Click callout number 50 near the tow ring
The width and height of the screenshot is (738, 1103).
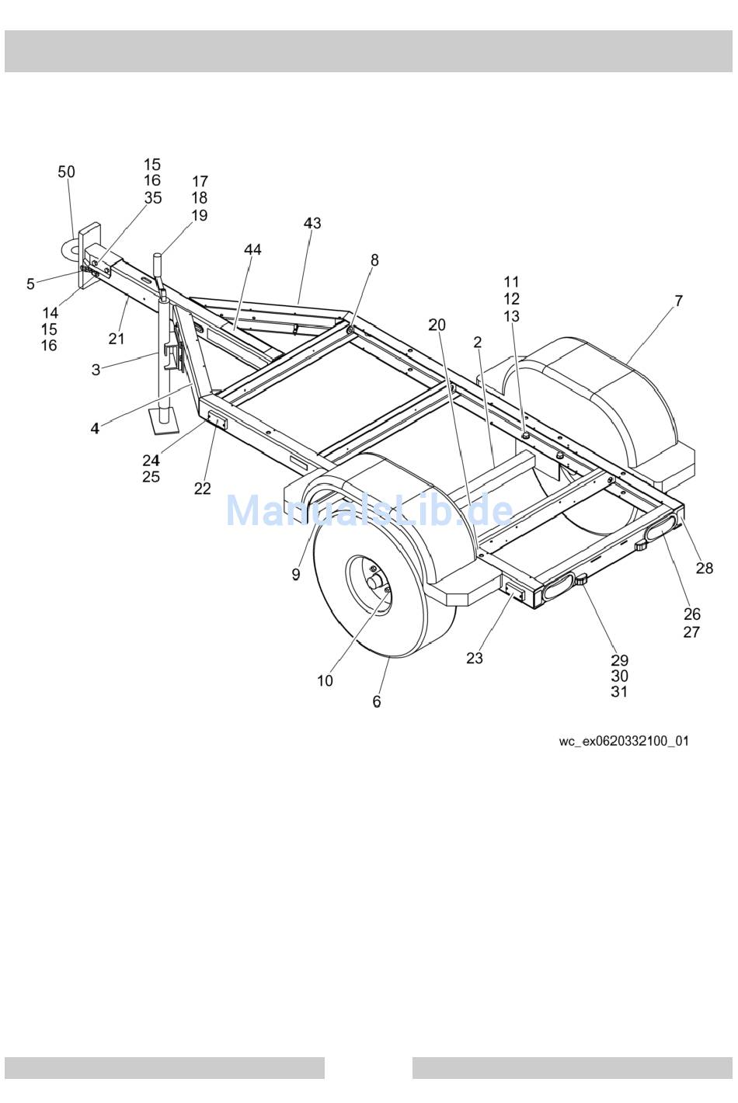pos(67,172)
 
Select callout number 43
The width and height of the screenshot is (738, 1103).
pos(312,223)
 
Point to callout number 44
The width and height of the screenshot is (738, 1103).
pos(252,249)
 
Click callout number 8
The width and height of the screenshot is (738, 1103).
pos(374,260)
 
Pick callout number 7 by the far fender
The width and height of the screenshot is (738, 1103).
pos(678,301)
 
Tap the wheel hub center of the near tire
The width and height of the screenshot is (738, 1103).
pos(376,581)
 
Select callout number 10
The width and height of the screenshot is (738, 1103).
pos(325,680)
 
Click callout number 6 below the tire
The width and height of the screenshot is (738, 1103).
pos(377,701)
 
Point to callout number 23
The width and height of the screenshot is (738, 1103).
pos(475,658)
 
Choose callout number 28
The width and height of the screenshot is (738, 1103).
pos(704,569)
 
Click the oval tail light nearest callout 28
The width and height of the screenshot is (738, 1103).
pos(660,530)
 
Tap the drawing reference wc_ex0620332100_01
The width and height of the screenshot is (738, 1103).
pos(623,741)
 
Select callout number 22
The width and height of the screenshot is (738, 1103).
pos(202,489)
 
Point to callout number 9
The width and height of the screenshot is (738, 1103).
pos(295,574)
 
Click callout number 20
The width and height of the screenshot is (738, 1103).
pos(437,325)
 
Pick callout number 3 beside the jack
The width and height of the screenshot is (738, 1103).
pos(96,370)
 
